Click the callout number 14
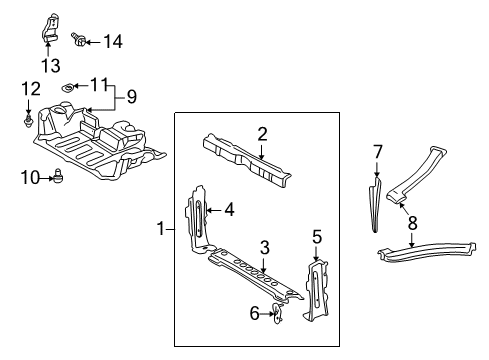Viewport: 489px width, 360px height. click(x=113, y=42)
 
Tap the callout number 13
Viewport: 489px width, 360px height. click(x=51, y=65)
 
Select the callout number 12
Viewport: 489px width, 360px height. click(x=31, y=89)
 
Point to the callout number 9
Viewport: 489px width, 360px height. click(x=132, y=97)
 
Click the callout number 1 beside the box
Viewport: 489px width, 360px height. click(x=161, y=229)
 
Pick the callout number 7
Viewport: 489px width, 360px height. click(x=377, y=152)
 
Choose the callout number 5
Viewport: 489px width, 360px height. click(x=317, y=237)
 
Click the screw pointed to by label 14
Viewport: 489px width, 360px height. click(x=78, y=40)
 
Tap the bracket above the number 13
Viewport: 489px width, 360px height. click(x=50, y=28)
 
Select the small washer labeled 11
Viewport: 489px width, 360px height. click(x=67, y=88)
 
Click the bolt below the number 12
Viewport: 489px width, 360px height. click(x=28, y=121)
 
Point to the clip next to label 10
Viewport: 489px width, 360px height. click(x=58, y=175)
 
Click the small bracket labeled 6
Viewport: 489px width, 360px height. click(x=277, y=313)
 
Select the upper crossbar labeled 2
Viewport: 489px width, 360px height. click(x=247, y=160)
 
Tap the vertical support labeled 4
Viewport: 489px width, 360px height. click(x=198, y=220)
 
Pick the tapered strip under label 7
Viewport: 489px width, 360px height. click(x=375, y=204)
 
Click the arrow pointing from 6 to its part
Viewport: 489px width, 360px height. click(x=267, y=313)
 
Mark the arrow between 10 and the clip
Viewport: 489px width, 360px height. click(x=46, y=178)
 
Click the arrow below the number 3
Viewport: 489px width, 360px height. click(x=264, y=266)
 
